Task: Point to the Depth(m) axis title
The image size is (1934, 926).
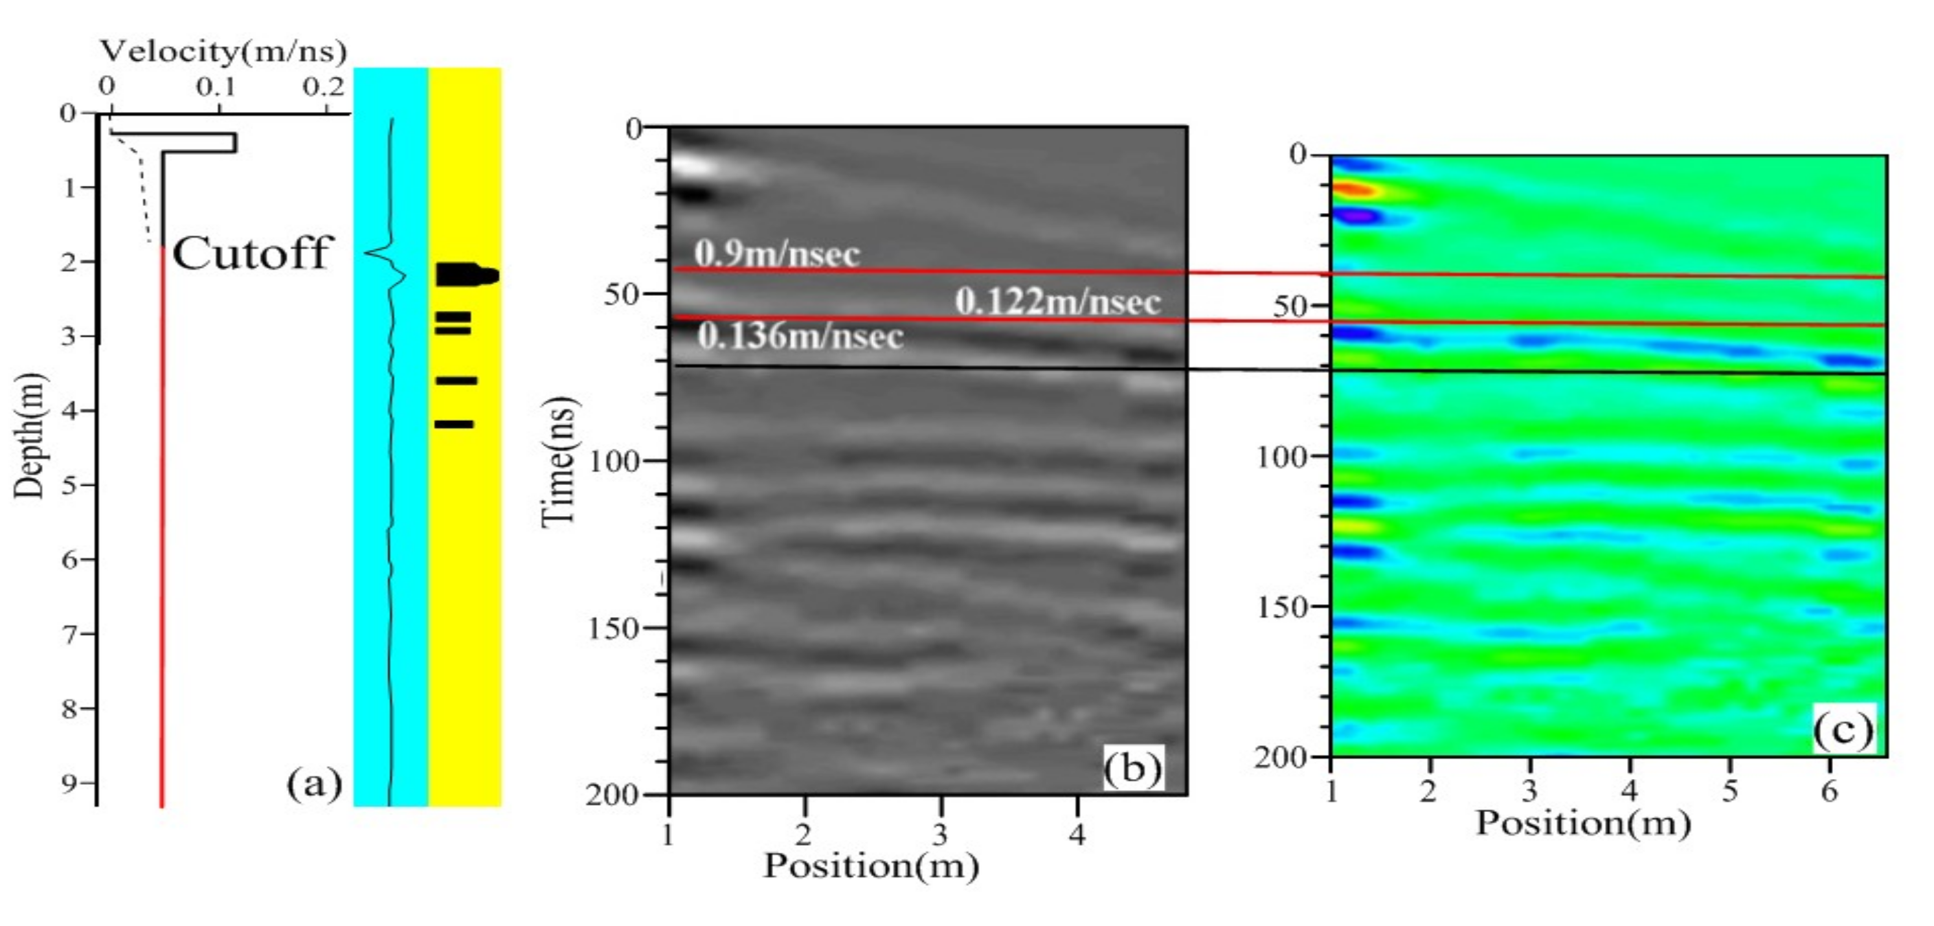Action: point(30,436)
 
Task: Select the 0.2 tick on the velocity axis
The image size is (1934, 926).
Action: point(324,88)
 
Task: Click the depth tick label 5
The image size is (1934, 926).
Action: point(69,485)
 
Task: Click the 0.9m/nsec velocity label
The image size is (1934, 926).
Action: point(776,254)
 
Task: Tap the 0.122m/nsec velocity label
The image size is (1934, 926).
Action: point(1057,302)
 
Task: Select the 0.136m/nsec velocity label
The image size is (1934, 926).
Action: point(800,335)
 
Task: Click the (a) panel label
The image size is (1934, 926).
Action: point(314,784)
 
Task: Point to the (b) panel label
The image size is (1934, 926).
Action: point(1132,767)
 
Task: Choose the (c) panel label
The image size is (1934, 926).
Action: point(1843,728)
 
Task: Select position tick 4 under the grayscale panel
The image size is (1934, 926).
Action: point(1077,833)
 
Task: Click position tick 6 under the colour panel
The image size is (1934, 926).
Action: point(1829,791)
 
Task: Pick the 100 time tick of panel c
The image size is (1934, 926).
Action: point(1283,456)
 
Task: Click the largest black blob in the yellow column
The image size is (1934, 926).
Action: point(466,275)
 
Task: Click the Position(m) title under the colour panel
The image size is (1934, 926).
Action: point(1582,823)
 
